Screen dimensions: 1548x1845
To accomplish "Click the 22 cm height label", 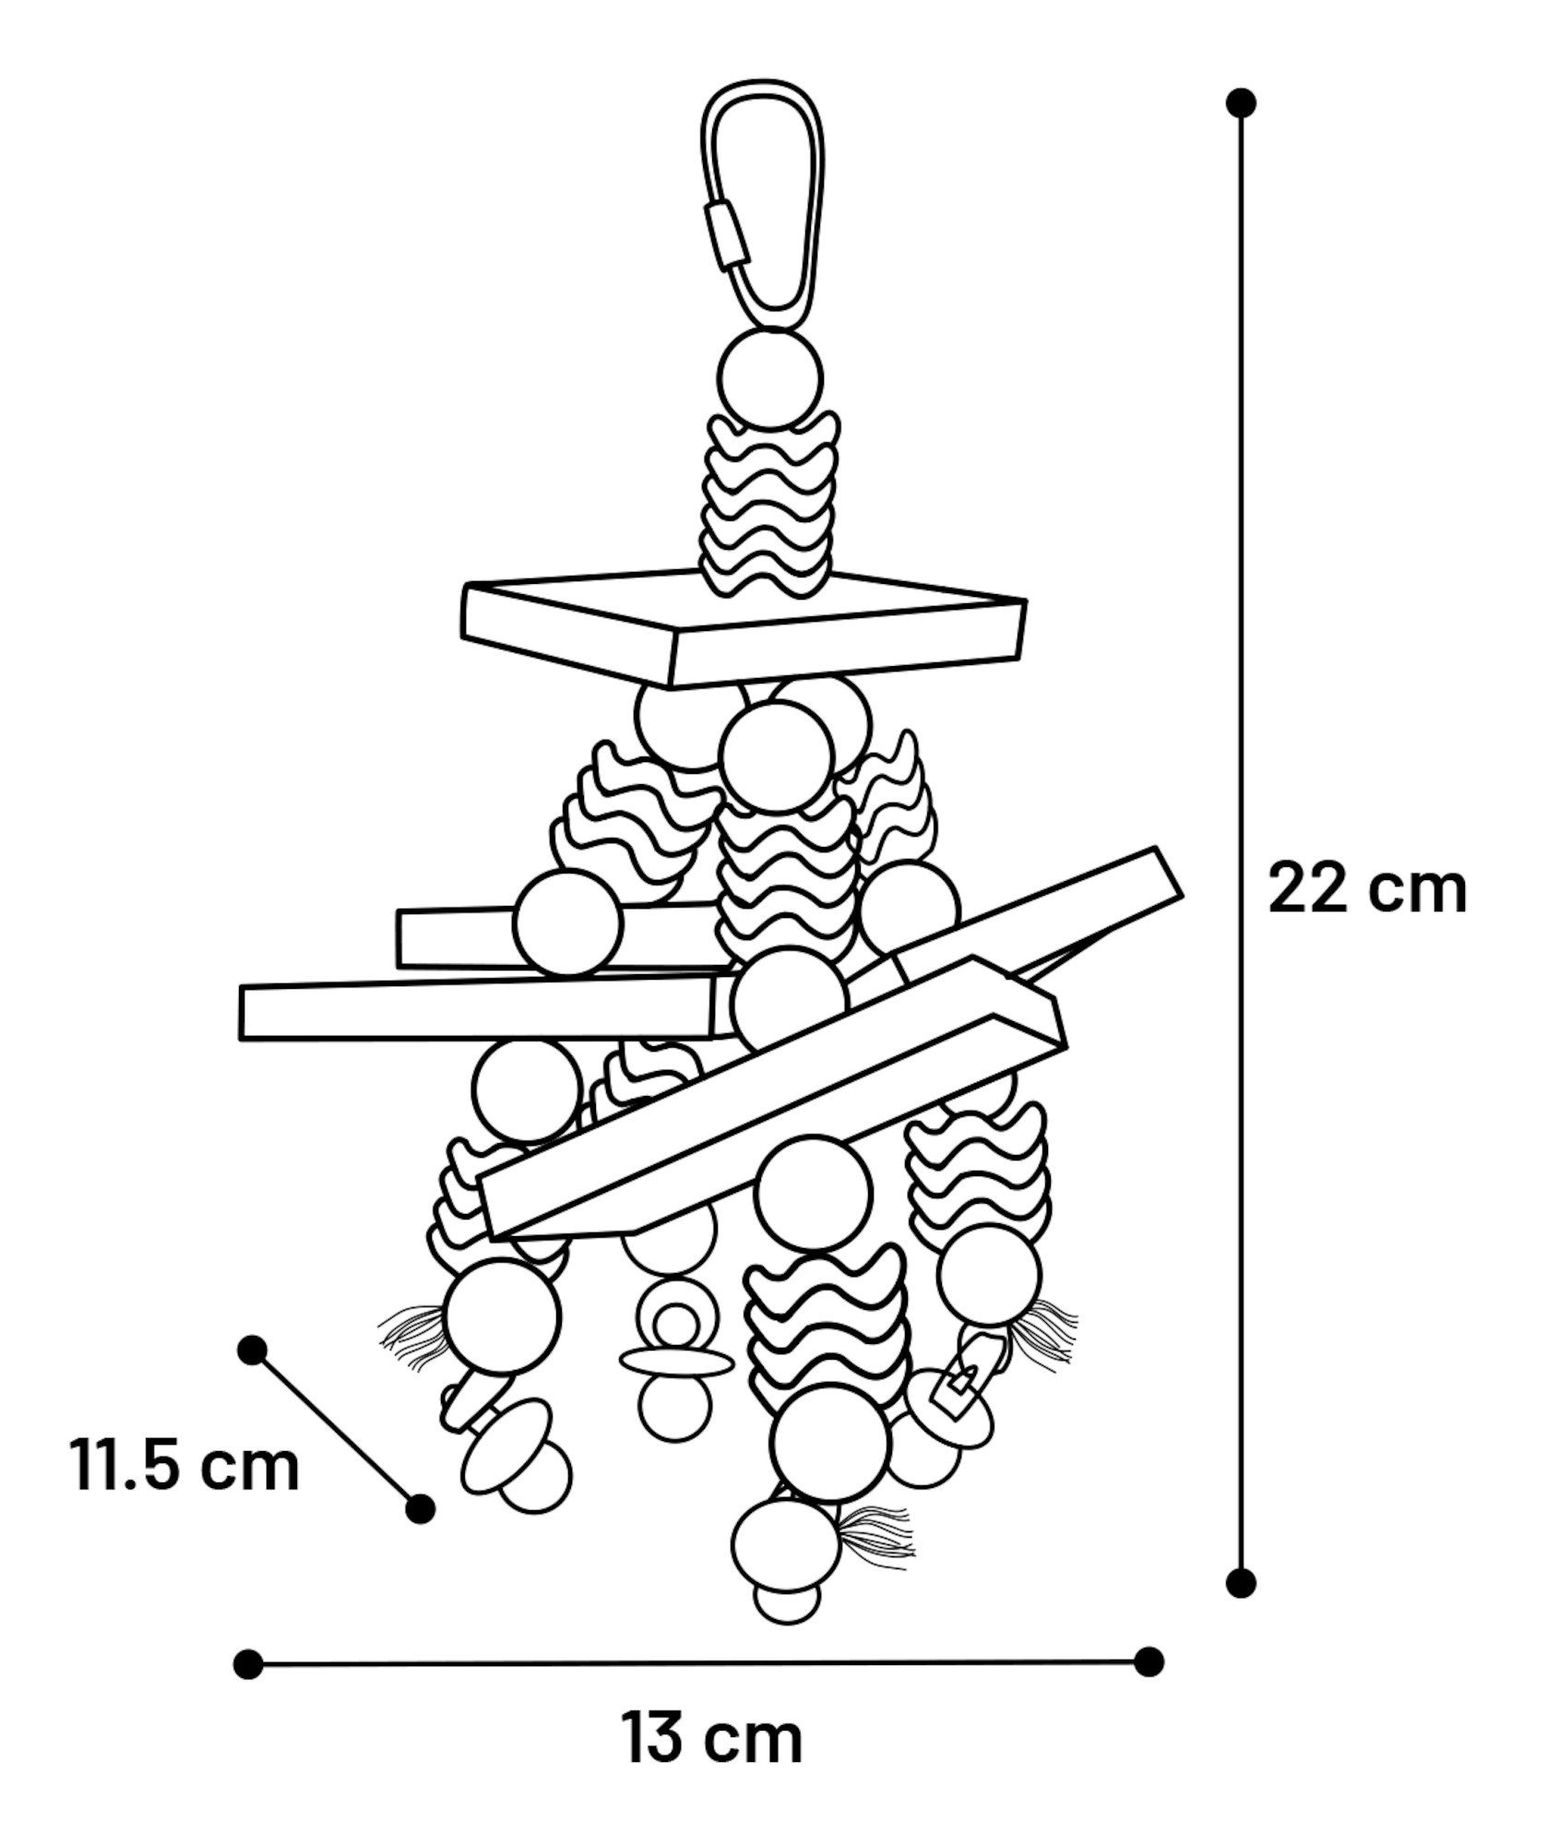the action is (1367, 889).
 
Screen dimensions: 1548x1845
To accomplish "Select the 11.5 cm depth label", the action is (185, 1464).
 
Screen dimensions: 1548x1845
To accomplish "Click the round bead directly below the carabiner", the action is (770, 379).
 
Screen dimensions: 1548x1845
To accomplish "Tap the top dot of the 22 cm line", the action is (1242, 102).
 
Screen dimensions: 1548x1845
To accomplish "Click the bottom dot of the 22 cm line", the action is (1242, 1583).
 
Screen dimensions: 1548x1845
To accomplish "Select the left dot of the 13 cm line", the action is (248, 1665).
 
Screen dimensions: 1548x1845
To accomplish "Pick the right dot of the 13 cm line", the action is (1149, 1662).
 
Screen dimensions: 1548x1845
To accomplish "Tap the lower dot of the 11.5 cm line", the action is (421, 1509).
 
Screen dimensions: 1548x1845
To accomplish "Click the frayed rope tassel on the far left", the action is (412, 1337).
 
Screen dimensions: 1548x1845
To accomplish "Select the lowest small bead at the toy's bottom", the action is (787, 1601).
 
